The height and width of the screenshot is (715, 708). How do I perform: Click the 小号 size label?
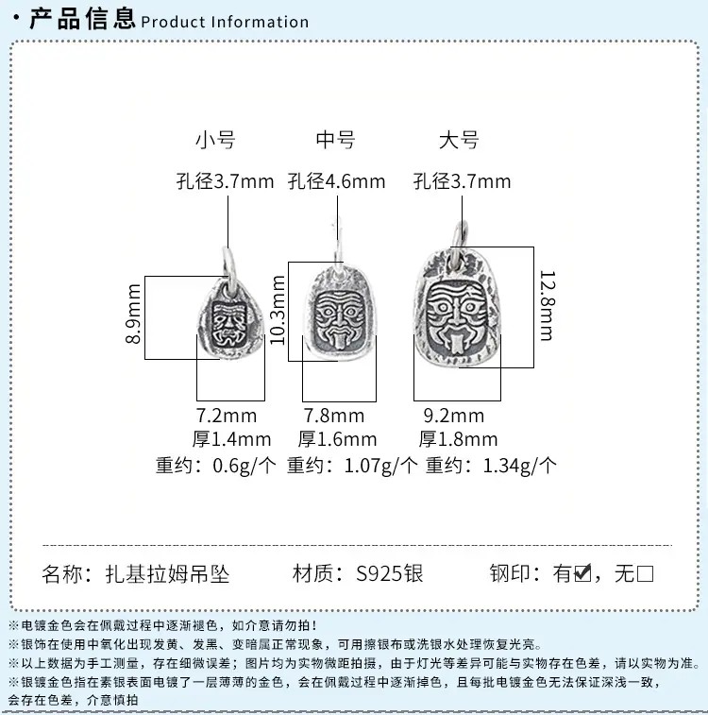click(x=215, y=140)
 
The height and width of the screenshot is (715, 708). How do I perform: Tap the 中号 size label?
click(x=336, y=140)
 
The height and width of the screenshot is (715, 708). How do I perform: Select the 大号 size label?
click(x=459, y=140)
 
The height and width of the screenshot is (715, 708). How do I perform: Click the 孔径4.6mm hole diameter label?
click(x=337, y=181)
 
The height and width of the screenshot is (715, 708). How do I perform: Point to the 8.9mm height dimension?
click(x=133, y=314)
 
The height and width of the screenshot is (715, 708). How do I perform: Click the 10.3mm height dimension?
click(x=278, y=310)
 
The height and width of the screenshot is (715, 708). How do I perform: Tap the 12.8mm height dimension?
click(x=547, y=305)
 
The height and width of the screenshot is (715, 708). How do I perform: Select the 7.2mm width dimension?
click(x=227, y=416)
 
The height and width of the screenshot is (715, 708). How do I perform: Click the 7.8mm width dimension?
click(x=334, y=416)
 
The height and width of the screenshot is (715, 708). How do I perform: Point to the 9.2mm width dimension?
click(x=454, y=416)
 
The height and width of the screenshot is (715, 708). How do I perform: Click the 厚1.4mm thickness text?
click(x=231, y=439)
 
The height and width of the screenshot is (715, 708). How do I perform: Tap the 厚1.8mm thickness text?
click(x=459, y=439)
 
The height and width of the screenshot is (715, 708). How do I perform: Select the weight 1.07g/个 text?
click(x=380, y=466)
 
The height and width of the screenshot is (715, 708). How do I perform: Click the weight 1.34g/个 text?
click(x=519, y=466)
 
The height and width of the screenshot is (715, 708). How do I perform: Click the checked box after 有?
click(x=582, y=573)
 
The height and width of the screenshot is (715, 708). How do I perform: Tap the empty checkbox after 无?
click(x=645, y=573)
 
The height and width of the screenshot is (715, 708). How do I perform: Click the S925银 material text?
click(x=390, y=573)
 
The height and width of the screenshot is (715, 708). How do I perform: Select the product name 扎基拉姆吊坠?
click(x=167, y=573)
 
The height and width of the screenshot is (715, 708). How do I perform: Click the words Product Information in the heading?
click(x=225, y=22)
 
